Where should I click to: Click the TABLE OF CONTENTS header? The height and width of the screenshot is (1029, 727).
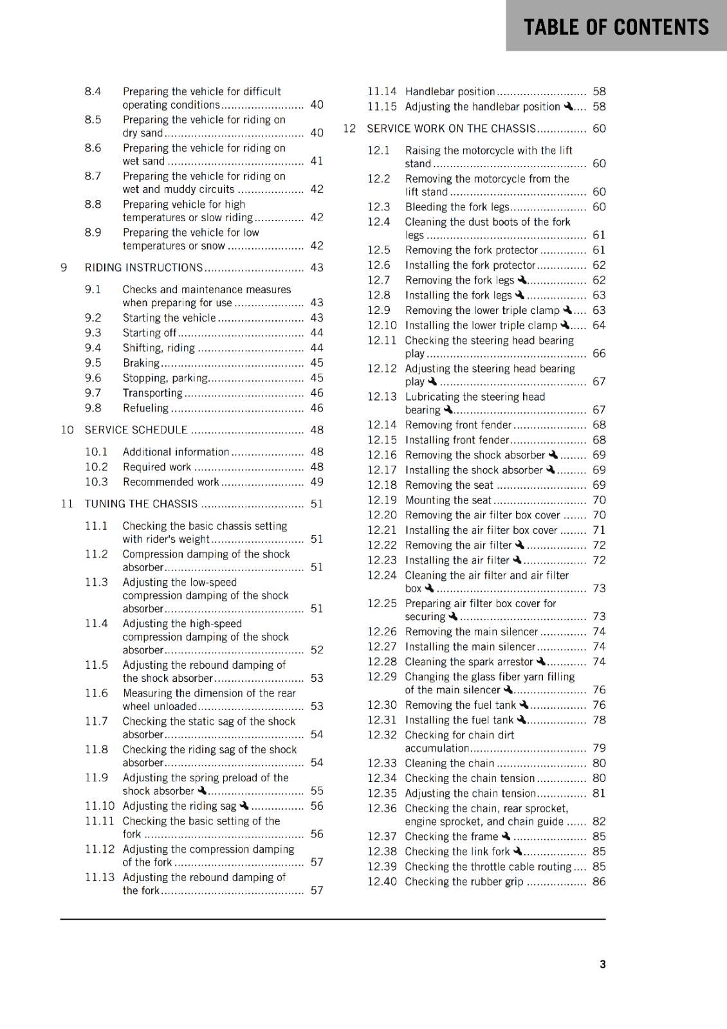pos(616,27)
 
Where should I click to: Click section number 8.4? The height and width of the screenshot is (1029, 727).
pos(93,91)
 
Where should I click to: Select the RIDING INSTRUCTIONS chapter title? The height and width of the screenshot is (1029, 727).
pos(143,268)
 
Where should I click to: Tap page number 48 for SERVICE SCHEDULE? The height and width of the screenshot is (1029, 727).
pos(317,430)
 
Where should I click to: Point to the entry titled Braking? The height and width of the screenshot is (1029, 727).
pos(141,363)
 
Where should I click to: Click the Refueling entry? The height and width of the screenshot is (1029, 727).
pos(145,408)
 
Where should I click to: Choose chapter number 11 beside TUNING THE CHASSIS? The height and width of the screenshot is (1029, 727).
pos(67,504)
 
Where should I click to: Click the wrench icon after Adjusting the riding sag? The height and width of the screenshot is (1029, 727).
pos(244,806)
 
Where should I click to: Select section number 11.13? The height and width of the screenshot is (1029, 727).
pos(100,877)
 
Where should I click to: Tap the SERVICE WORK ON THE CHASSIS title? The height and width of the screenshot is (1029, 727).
pos(451,129)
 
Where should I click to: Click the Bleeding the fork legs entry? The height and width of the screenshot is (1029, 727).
pos(457,207)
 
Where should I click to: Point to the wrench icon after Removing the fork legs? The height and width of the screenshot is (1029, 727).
pos(522,280)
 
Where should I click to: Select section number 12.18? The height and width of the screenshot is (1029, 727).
pos(382,485)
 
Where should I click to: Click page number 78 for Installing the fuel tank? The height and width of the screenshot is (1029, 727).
pos(599,720)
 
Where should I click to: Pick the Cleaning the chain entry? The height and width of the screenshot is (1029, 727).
pos(449,763)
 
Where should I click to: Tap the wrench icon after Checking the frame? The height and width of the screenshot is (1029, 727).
pos(506,836)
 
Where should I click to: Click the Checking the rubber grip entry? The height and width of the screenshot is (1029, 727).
pos(464,882)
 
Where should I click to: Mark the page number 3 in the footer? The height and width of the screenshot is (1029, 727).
pos(602,964)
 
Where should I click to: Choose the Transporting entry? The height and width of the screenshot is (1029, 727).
pos(152,393)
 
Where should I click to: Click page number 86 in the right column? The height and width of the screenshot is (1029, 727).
pos(599,882)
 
